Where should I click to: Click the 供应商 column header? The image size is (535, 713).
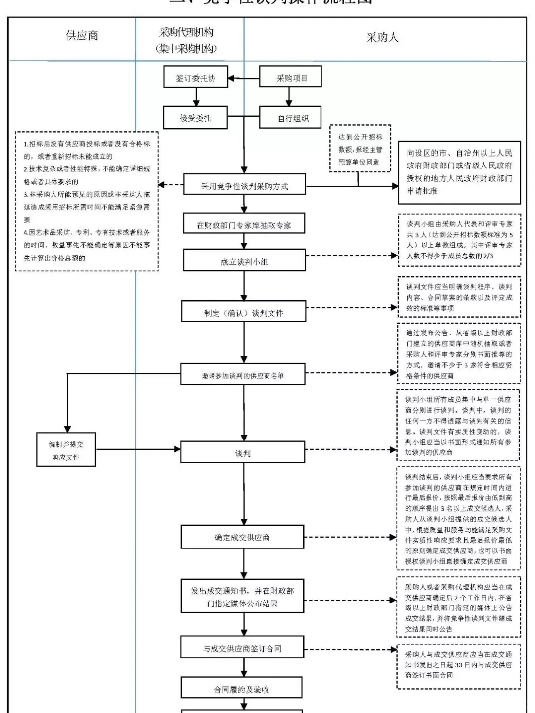click(x=82, y=36)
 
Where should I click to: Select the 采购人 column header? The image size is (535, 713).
click(x=382, y=38)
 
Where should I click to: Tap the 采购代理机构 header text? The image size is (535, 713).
click(x=186, y=33)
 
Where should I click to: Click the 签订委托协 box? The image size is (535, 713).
click(x=196, y=78)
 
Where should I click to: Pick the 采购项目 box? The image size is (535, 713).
click(x=291, y=78)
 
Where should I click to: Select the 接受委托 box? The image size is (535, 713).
click(x=196, y=118)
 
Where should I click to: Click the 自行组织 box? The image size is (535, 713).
click(x=291, y=118)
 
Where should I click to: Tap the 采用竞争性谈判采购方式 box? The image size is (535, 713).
click(x=244, y=186)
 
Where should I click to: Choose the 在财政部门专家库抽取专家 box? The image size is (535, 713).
click(x=244, y=225)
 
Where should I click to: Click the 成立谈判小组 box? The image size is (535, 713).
click(x=244, y=261)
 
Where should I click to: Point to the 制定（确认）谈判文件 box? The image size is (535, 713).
click(x=243, y=313)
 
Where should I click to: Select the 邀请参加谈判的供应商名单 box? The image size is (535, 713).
click(x=243, y=375)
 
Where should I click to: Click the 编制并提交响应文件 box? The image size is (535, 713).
click(x=66, y=450)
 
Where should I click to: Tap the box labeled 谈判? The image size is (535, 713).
click(x=243, y=453)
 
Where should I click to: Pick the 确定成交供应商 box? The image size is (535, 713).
click(x=243, y=537)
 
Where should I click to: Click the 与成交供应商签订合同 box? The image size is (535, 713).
click(x=242, y=648)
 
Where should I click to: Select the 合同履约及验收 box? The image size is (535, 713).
click(x=242, y=689)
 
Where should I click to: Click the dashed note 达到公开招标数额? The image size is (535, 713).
click(x=360, y=149)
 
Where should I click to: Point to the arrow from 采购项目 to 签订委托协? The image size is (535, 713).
click(x=244, y=78)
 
